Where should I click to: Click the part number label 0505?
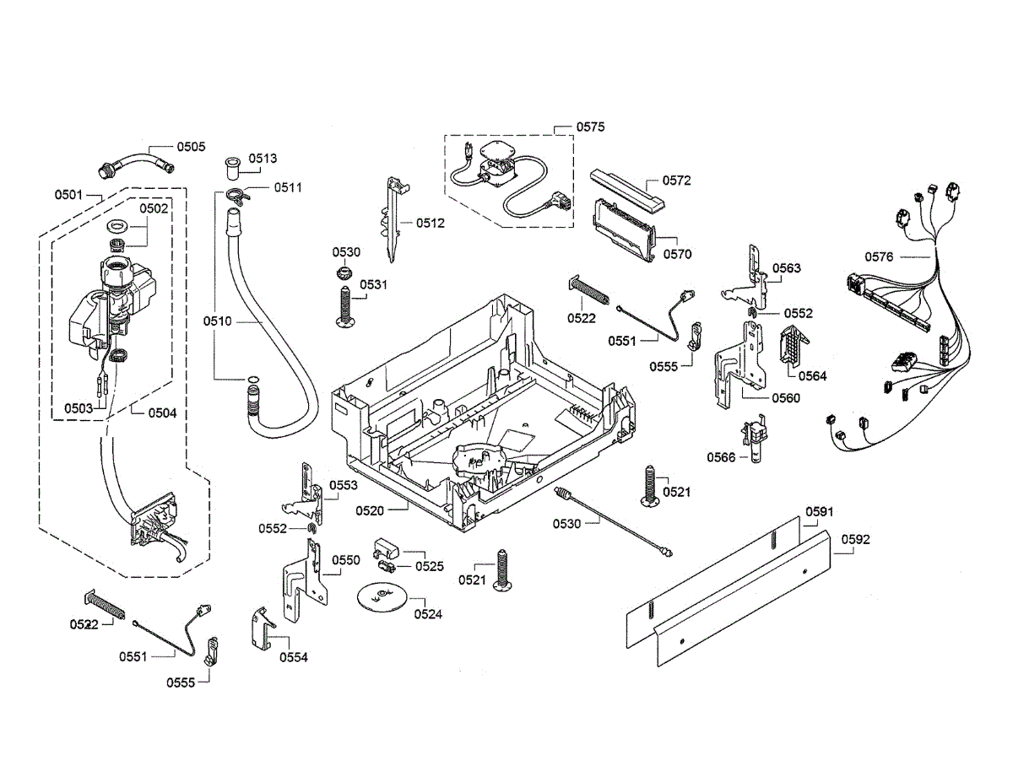click(x=190, y=146)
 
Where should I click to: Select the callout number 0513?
click(x=263, y=159)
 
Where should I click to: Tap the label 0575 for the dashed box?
click(x=590, y=127)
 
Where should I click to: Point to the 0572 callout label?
click(x=676, y=181)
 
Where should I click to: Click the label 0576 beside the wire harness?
click(x=879, y=256)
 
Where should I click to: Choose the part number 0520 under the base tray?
click(x=370, y=510)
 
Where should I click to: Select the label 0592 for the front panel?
click(x=855, y=539)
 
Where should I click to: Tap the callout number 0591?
click(x=819, y=511)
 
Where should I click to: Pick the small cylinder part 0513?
click(x=232, y=165)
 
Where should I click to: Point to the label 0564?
click(x=812, y=376)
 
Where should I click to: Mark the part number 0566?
click(x=722, y=456)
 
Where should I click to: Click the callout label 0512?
click(x=430, y=224)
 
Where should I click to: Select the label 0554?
click(x=295, y=657)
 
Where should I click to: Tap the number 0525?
click(x=429, y=566)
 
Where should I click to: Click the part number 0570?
click(x=677, y=252)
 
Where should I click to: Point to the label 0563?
click(x=787, y=268)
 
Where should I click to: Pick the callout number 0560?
click(x=785, y=398)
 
